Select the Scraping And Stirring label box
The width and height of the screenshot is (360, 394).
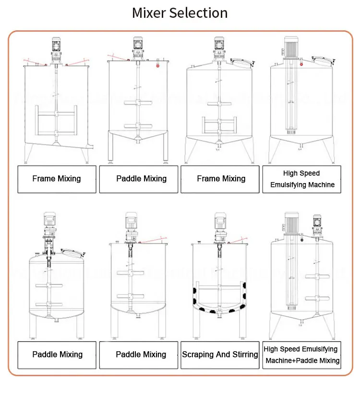(x=220, y=355)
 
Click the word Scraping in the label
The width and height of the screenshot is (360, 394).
(x=199, y=355)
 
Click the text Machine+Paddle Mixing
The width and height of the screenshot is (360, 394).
(x=302, y=360)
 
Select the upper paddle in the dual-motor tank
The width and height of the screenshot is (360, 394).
(x=317, y=277)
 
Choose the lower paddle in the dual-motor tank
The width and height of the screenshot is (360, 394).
(x=317, y=303)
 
